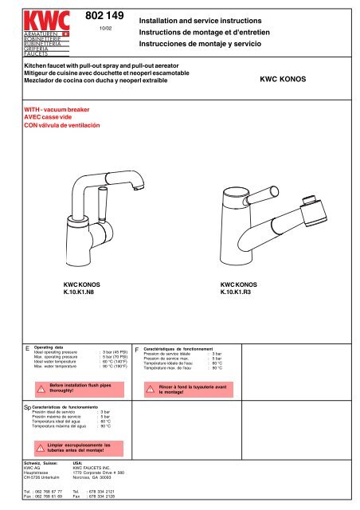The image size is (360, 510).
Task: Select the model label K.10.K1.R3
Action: coord(237,293)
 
